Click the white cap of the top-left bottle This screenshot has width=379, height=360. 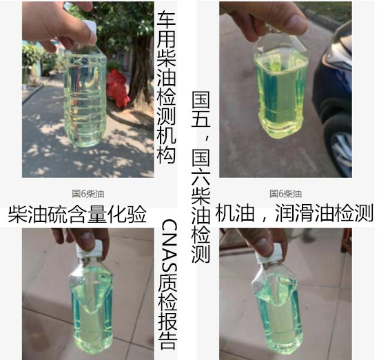88,30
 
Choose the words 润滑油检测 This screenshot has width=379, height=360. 324,214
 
